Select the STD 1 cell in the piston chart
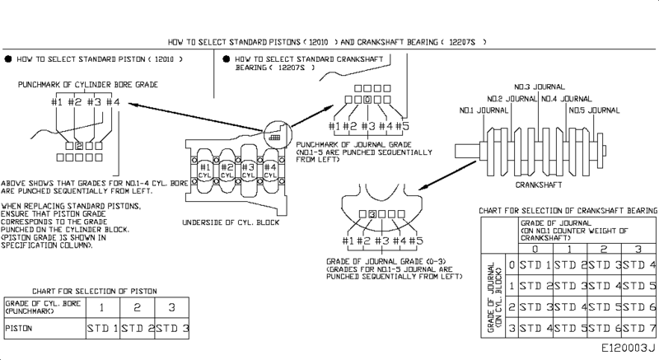click(103, 328)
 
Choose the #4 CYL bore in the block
click(270, 171)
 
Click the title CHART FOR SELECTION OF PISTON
click(94, 292)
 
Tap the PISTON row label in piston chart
click(19, 328)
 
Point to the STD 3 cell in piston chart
click(172, 328)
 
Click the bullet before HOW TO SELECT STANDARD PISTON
click(7, 60)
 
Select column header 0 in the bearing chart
click(535, 248)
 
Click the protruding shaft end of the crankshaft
click(465, 148)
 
